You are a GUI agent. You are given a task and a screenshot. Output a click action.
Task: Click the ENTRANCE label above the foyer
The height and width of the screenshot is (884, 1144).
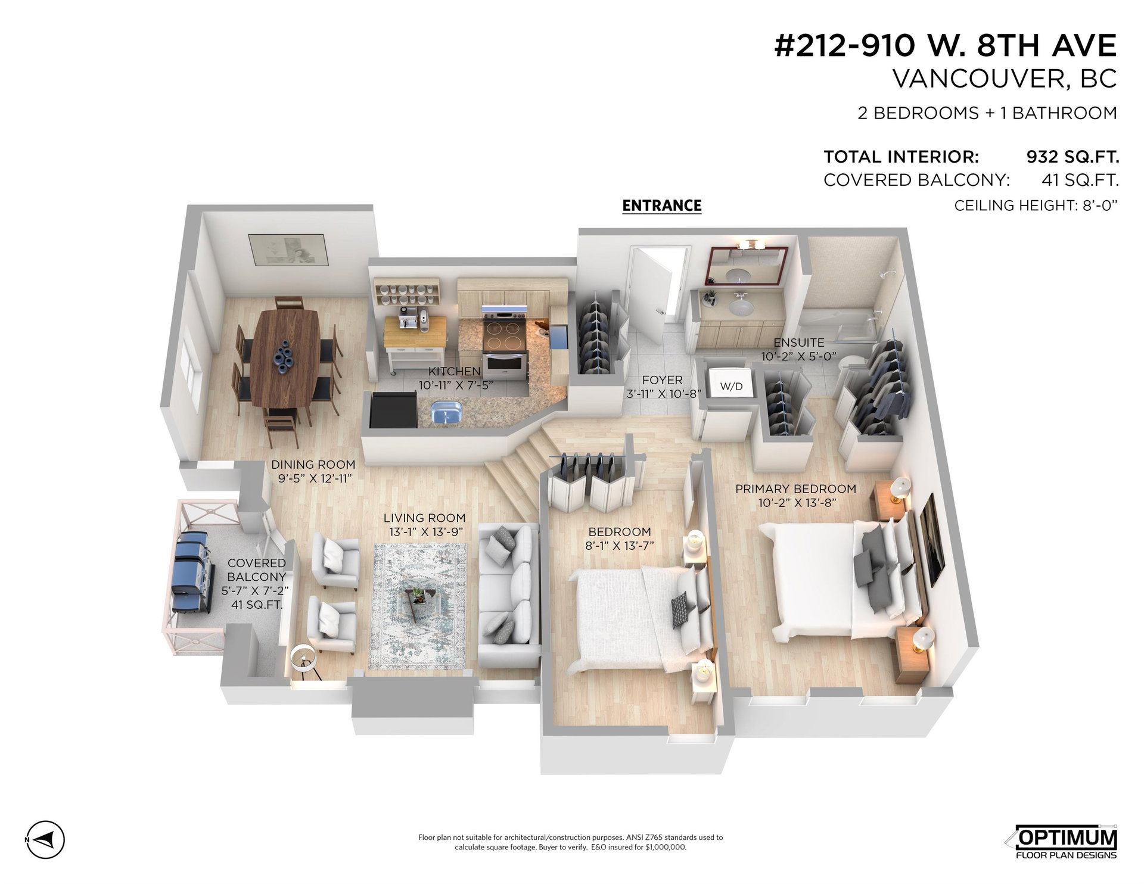(x=662, y=206)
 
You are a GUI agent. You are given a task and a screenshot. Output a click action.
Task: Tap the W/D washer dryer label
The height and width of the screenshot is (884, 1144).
(x=731, y=387)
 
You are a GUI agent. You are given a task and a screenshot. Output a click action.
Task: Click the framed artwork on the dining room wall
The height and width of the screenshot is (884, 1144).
(x=288, y=250)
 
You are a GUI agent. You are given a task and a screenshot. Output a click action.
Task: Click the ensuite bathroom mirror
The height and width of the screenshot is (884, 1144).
(x=747, y=266)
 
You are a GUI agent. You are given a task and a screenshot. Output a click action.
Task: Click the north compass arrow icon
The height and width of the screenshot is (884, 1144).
(x=46, y=840)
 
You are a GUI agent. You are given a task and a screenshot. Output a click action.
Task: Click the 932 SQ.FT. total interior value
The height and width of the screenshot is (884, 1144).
(x=1072, y=157)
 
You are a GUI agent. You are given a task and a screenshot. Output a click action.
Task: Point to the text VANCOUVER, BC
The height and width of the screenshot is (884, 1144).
(x=1005, y=79)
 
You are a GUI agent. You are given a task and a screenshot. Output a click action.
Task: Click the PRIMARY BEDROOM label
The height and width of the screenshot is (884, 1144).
(x=795, y=488)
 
